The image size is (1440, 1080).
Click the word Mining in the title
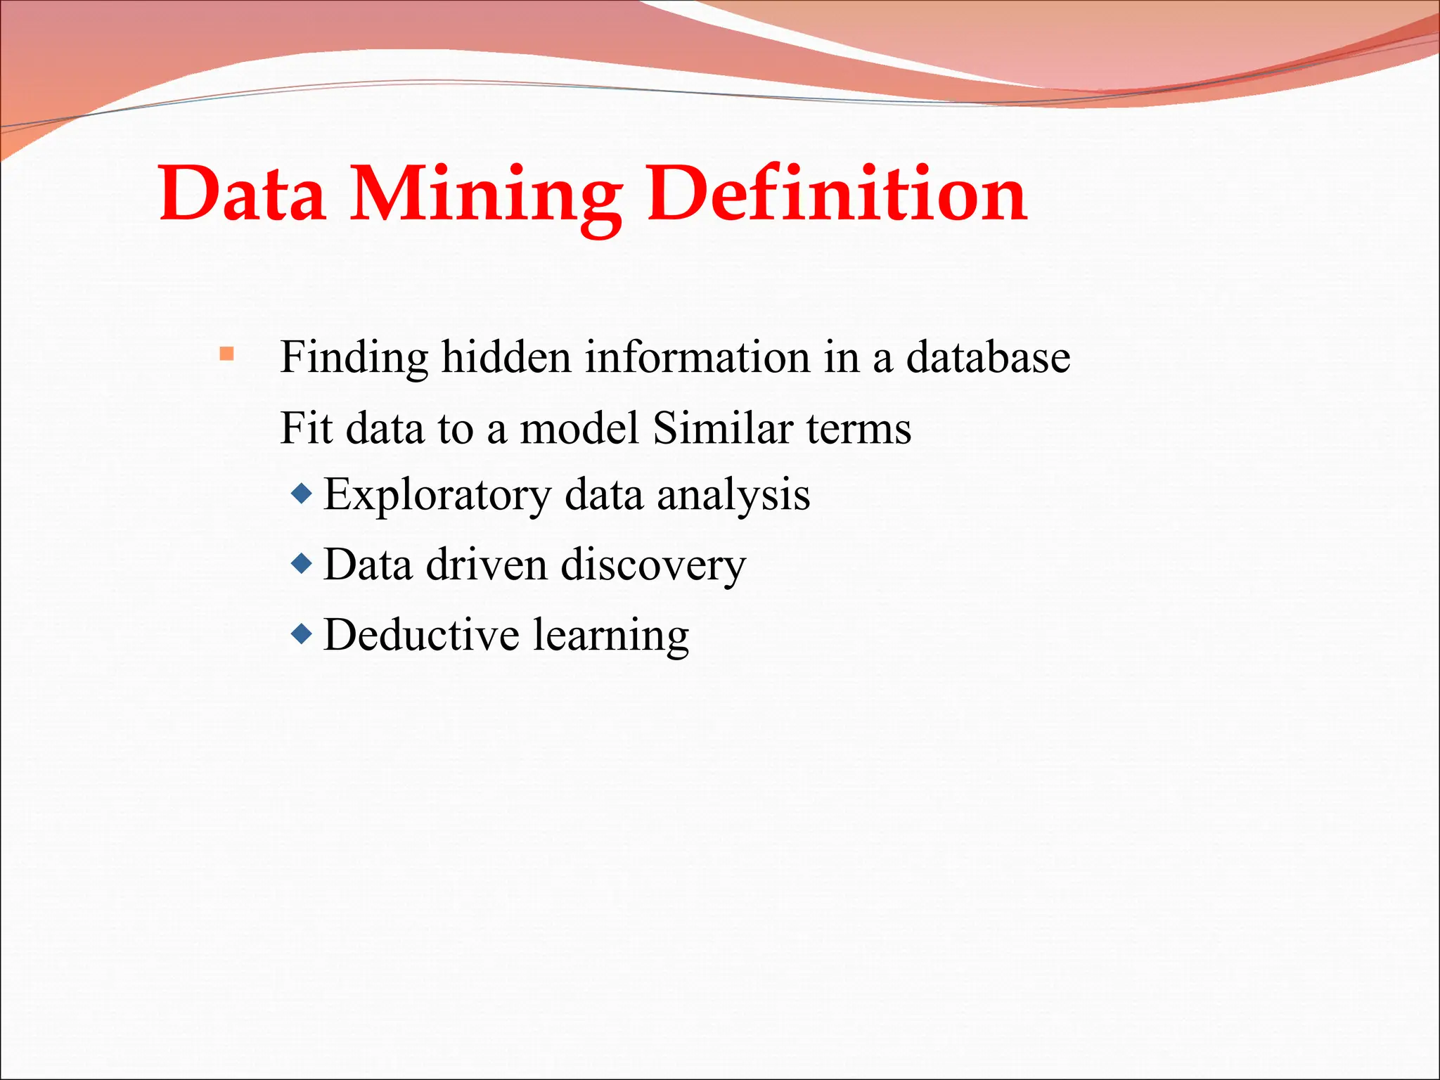(485, 193)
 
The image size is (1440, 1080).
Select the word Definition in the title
(837, 193)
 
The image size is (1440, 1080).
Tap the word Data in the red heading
(243, 193)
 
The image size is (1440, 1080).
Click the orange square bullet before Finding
(226, 354)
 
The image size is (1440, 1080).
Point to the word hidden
(506, 356)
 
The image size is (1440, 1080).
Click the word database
(988, 356)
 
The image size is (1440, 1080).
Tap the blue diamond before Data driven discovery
(302, 563)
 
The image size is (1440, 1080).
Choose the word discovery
(653, 566)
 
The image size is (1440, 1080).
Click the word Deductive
(420, 635)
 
